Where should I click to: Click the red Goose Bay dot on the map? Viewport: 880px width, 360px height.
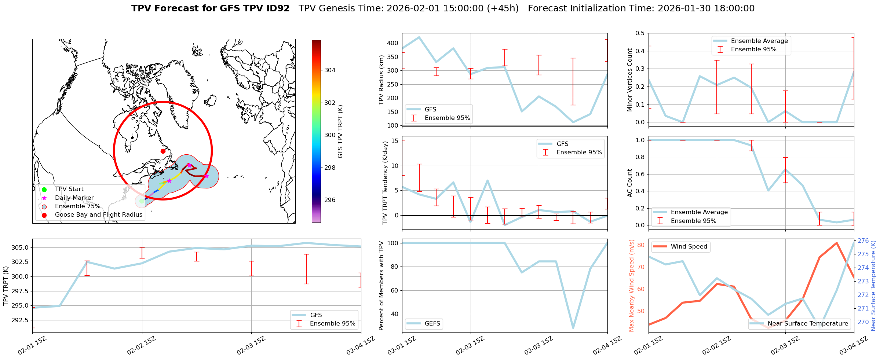point(163,151)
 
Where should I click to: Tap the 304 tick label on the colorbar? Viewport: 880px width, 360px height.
point(330,70)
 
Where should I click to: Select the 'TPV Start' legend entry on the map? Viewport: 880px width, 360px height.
point(69,189)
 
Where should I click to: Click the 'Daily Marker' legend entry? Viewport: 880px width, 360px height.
point(74,198)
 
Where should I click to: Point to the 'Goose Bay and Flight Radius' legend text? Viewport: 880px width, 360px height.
point(99,215)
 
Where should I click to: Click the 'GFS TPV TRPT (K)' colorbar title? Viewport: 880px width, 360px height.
point(340,132)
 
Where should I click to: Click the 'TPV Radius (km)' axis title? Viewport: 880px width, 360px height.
point(381,80)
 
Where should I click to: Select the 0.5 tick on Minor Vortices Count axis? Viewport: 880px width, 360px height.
point(640,33)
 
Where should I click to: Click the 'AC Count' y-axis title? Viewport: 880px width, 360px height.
point(630,183)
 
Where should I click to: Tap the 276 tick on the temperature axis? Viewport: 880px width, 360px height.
point(863,241)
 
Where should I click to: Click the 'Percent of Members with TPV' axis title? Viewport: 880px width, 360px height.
point(381,286)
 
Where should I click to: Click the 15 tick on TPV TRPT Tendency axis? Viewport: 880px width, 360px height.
point(395,141)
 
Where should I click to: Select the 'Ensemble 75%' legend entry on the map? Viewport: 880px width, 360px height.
point(77,206)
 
